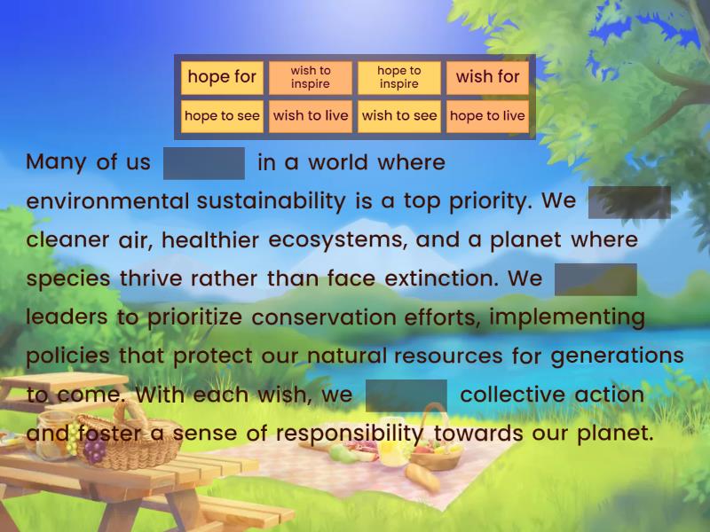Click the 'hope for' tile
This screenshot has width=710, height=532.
tap(222, 78)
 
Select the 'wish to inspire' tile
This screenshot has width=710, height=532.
tap(311, 78)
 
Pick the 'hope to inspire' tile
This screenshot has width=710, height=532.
tap(398, 78)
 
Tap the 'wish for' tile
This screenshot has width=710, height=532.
tap(487, 78)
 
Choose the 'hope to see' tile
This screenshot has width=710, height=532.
tap(222, 116)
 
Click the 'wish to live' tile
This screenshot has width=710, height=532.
tap(311, 116)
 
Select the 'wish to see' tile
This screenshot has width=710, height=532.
tap(398, 116)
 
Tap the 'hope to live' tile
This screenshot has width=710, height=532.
tap(487, 116)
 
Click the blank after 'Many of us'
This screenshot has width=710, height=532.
tap(204, 163)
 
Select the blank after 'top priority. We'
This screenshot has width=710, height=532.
tap(629, 202)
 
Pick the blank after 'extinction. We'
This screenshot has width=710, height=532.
tap(596, 279)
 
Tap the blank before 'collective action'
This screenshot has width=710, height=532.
tap(406, 395)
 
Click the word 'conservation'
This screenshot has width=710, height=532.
tap(324, 317)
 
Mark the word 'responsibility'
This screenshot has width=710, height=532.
tap(349, 434)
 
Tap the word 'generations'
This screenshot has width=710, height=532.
tap(617, 356)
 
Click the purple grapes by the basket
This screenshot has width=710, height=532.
tap(94, 450)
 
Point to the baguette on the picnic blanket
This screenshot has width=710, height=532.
tap(422, 478)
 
